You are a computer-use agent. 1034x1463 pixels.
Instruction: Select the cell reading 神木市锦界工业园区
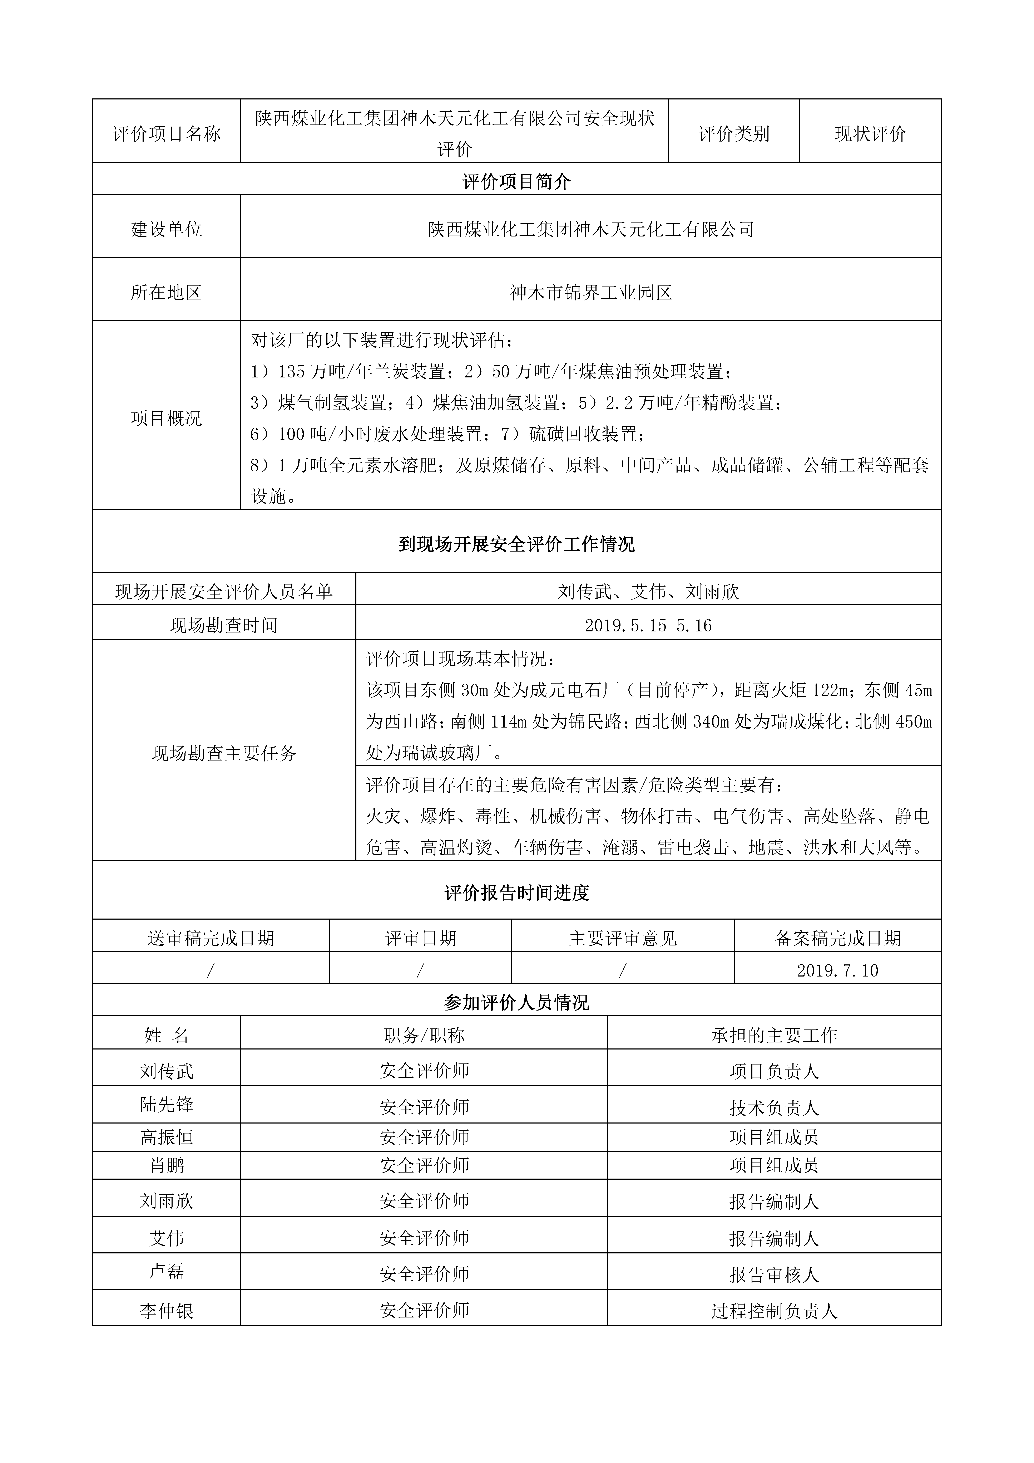click(x=591, y=293)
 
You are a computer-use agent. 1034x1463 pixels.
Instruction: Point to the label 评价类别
click(x=734, y=134)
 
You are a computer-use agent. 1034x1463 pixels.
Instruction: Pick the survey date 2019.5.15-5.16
click(x=648, y=626)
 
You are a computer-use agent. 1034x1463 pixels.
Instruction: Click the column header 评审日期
click(x=420, y=939)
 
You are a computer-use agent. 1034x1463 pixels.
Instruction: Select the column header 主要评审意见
click(x=622, y=939)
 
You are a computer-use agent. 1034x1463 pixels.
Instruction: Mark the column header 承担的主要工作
click(x=774, y=1036)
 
